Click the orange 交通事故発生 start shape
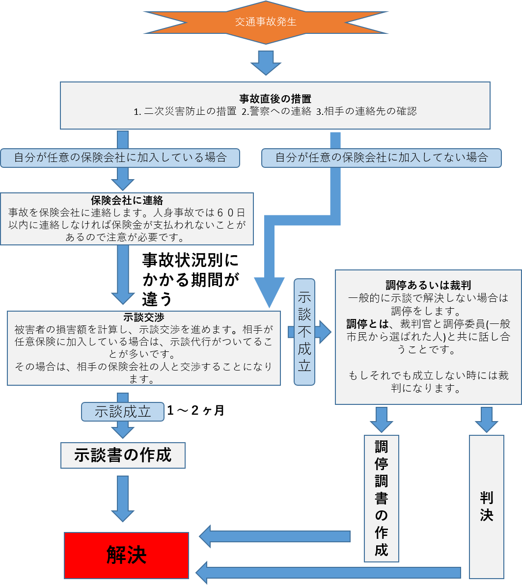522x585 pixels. (266, 22)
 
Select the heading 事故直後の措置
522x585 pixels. (275, 99)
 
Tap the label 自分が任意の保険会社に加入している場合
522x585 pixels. (120, 158)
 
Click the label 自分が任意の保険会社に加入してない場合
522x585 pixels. (381, 158)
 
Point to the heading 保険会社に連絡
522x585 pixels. (127, 200)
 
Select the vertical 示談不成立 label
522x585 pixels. (304, 332)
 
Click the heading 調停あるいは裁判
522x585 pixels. (428, 286)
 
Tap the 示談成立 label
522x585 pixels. (123, 412)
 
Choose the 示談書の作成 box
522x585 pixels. (123, 455)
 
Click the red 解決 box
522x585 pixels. (126, 555)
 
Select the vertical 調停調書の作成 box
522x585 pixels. (381, 498)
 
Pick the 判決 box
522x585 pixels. (486, 506)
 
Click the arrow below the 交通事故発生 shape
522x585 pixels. (266, 62)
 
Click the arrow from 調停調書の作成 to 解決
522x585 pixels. (275, 536)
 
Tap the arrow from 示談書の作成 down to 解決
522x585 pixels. (123, 498)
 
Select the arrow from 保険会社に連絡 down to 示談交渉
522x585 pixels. (123, 275)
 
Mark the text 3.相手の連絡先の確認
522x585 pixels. (366, 111)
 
